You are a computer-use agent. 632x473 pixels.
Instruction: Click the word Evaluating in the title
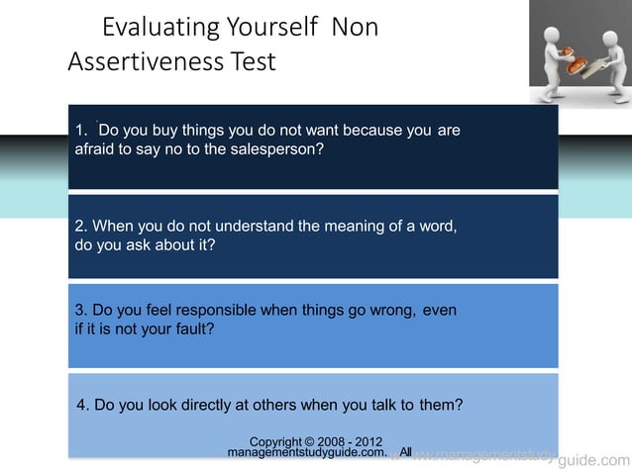click(x=162, y=28)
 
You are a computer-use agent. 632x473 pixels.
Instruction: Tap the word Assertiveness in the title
click(x=140, y=62)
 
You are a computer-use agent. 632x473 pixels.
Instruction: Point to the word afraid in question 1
click(x=97, y=150)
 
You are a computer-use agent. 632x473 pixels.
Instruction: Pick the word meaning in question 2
click(x=362, y=226)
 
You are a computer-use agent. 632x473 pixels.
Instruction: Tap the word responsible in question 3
click(x=205, y=310)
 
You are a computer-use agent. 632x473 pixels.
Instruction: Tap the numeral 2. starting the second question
click(x=81, y=226)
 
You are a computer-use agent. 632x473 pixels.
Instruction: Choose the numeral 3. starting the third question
click(x=81, y=310)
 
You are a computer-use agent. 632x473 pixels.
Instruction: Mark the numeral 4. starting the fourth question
click(x=82, y=404)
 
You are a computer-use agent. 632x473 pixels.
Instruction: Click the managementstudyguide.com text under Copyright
click(x=306, y=452)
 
